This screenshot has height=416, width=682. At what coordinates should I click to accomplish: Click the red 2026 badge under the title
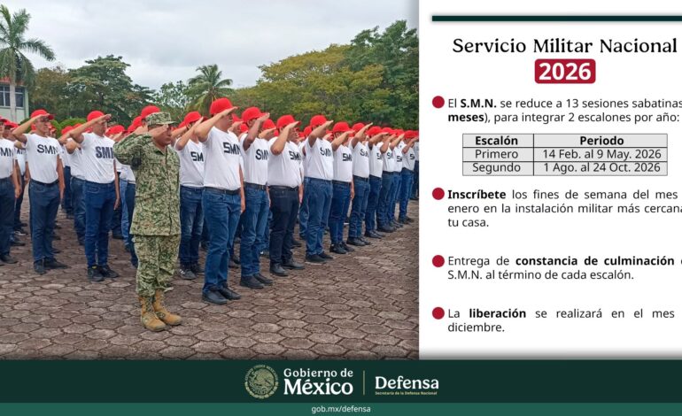coord(564,71)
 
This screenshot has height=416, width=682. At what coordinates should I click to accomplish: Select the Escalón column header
coord(497,140)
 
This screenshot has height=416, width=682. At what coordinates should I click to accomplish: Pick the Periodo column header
coord(601,140)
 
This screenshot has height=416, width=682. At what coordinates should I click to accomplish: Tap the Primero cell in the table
coord(497,153)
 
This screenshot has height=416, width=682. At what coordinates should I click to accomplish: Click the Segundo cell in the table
coord(497,167)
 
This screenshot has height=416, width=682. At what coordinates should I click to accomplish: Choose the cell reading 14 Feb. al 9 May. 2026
coord(601,153)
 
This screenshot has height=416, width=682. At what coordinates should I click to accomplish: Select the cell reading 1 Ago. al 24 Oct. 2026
coord(601,167)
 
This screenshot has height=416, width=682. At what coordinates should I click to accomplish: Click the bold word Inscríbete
coord(476,194)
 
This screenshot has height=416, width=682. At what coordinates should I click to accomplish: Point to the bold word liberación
coord(497,312)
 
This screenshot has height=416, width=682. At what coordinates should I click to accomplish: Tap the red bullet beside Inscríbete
coord(438,194)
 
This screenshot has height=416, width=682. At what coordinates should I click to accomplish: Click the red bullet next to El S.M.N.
coord(438,103)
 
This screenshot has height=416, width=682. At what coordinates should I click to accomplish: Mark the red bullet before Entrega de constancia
coord(438,260)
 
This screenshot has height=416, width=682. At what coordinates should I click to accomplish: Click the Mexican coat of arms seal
coord(261,381)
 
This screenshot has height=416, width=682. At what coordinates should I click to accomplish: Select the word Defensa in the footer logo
coord(407,384)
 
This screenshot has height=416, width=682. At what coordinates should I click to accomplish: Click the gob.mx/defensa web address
coord(341,409)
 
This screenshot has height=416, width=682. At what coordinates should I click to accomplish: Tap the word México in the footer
coord(318,388)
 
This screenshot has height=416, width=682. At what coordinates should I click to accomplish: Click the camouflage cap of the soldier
coord(159,119)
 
